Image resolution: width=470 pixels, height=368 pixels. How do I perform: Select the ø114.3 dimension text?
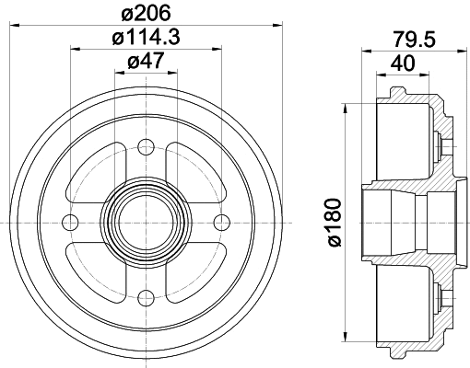coord(146,39)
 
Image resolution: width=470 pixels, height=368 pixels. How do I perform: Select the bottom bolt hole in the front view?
coord(146,295)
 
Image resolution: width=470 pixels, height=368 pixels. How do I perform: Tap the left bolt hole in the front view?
coord(70,220)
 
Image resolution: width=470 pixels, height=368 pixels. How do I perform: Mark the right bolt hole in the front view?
coord(221,220)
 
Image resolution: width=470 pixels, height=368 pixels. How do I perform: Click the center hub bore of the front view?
coord(146,220)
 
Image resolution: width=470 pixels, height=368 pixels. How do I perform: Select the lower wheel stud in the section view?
coord(441,295)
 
